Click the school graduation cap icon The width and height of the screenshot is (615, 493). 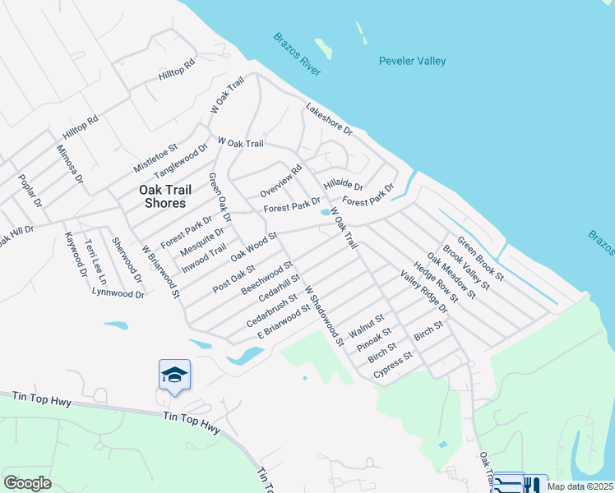tap(174, 375)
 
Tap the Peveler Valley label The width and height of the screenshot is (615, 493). tap(413, 61)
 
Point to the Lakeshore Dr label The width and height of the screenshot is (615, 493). tap(329, 119)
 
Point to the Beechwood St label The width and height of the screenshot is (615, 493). tap(267, 279)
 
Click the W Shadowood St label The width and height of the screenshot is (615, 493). tap(323, 316)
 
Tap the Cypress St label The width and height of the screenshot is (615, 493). tap(393, 366)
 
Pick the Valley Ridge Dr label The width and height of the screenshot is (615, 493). tap(424, 291)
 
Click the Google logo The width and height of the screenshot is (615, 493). tap(28, 483)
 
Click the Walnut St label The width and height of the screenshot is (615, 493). tap(367, 325)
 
